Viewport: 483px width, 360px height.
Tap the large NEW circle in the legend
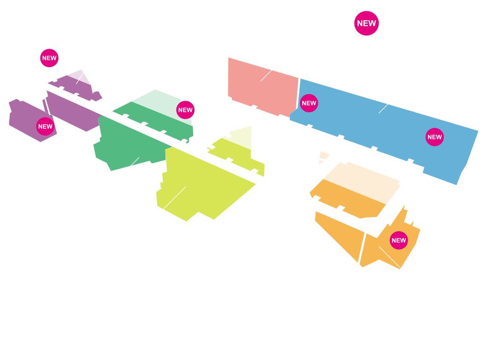click(x=366, y=23)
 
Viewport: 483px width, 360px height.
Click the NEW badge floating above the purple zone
click(x=49, y=58)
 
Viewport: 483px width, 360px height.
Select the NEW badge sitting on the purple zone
click(x=46, y=126)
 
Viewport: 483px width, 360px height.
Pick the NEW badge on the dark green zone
click(x=185, y=110)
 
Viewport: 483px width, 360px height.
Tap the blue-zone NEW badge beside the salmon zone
click(x=309, y=103)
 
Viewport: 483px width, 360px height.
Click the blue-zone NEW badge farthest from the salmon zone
click(x=434, y=137)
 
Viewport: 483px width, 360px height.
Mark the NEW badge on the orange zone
click(x=398, y=240)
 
